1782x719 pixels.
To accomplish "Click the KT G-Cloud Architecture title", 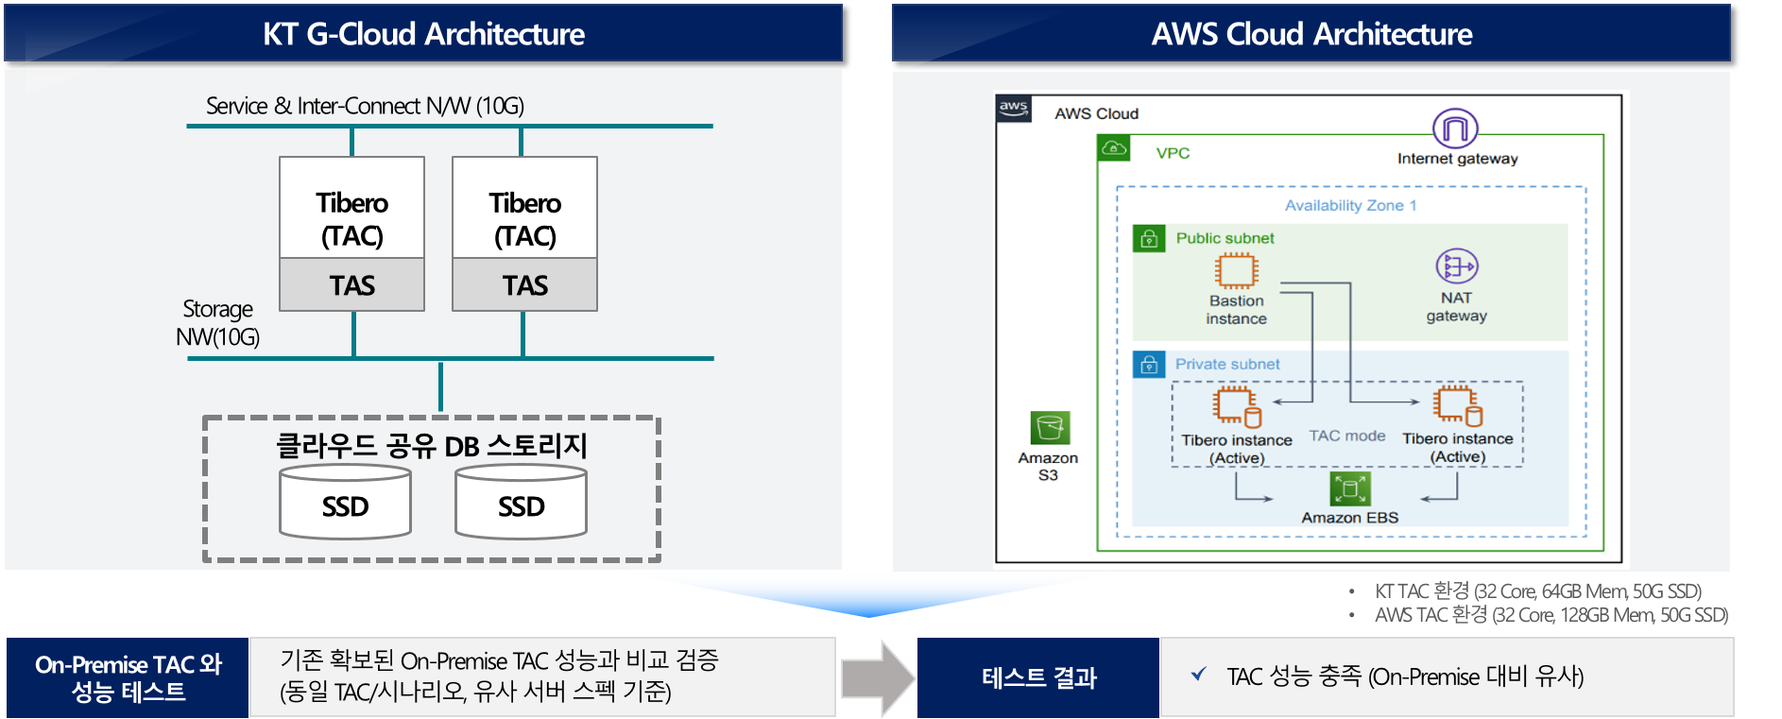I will [423, 34].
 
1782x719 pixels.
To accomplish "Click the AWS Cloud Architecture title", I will [1311, 34].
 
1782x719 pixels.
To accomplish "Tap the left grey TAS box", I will [351, 284].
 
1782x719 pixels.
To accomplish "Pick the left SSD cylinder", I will [345, 504].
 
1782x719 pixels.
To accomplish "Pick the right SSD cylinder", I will [521, 504].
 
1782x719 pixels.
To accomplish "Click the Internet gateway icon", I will [1455, 128].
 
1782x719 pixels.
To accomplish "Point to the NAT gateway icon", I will [1456, 266].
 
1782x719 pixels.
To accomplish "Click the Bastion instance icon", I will [1236, 271].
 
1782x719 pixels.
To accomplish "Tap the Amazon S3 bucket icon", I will [1050, 428].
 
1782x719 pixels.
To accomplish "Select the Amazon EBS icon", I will [1350, 488].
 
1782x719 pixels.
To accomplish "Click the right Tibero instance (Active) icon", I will [1457, 405].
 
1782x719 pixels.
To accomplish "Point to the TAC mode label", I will [1346, 436].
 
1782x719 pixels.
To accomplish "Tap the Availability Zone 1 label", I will [1350, 205].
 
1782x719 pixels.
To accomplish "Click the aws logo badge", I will [1014, 108].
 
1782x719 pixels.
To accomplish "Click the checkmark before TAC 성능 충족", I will [1198, 674].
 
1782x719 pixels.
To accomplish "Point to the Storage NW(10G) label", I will [217, 323].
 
